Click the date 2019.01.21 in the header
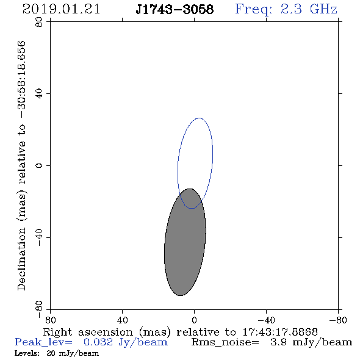[x=61, y=9]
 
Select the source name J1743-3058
[x=175, y=9]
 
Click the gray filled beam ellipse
[x=185, y=242]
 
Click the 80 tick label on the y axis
[x=39, y=22]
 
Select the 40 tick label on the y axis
[x=39, y=94]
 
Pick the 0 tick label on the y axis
[x=39, y=165]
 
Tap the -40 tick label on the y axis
[x=39, y=237]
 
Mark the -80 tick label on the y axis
[x=39, y=309]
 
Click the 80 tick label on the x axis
[x=50, y=320]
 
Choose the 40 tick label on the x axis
[x=122, y=320]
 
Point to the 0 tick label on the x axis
[x=194, y=320]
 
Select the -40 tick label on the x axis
[x=266, y=320]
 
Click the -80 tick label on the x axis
[x=338, y=320]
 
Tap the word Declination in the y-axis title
[x=21, y=259]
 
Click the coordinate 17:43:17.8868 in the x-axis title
[x=280, y=332]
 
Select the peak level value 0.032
[x=98, y=342]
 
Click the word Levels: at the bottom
[x=27, y=353]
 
